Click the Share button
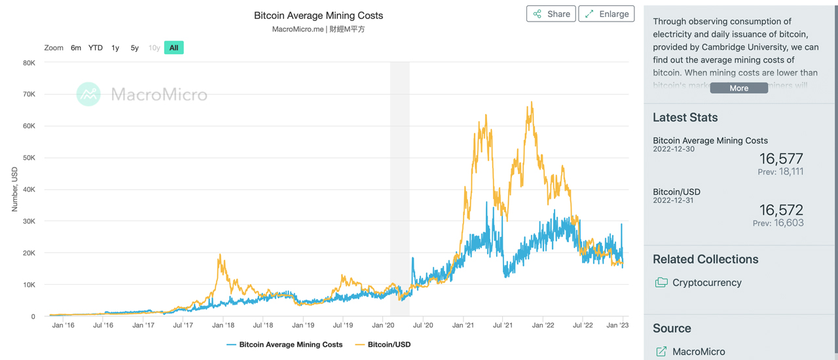pos(551,14)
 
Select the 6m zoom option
pos(76,48)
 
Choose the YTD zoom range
pos(96,48)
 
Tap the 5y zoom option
pos(135,48)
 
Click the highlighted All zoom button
pos(173,48)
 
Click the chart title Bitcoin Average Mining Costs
pos(318,16)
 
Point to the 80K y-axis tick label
pos(29,63)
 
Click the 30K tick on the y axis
pos(29,221)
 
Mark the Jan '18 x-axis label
pos(223,325)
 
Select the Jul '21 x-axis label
pos(502,325)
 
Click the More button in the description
pos(738,88)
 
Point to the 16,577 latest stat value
pos(781,158)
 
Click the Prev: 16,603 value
pos(778,223)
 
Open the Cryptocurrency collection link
pos(706,283)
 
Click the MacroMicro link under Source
pos(698,351)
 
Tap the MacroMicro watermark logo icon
pos(88,94)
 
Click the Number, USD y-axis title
pos(14,189)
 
